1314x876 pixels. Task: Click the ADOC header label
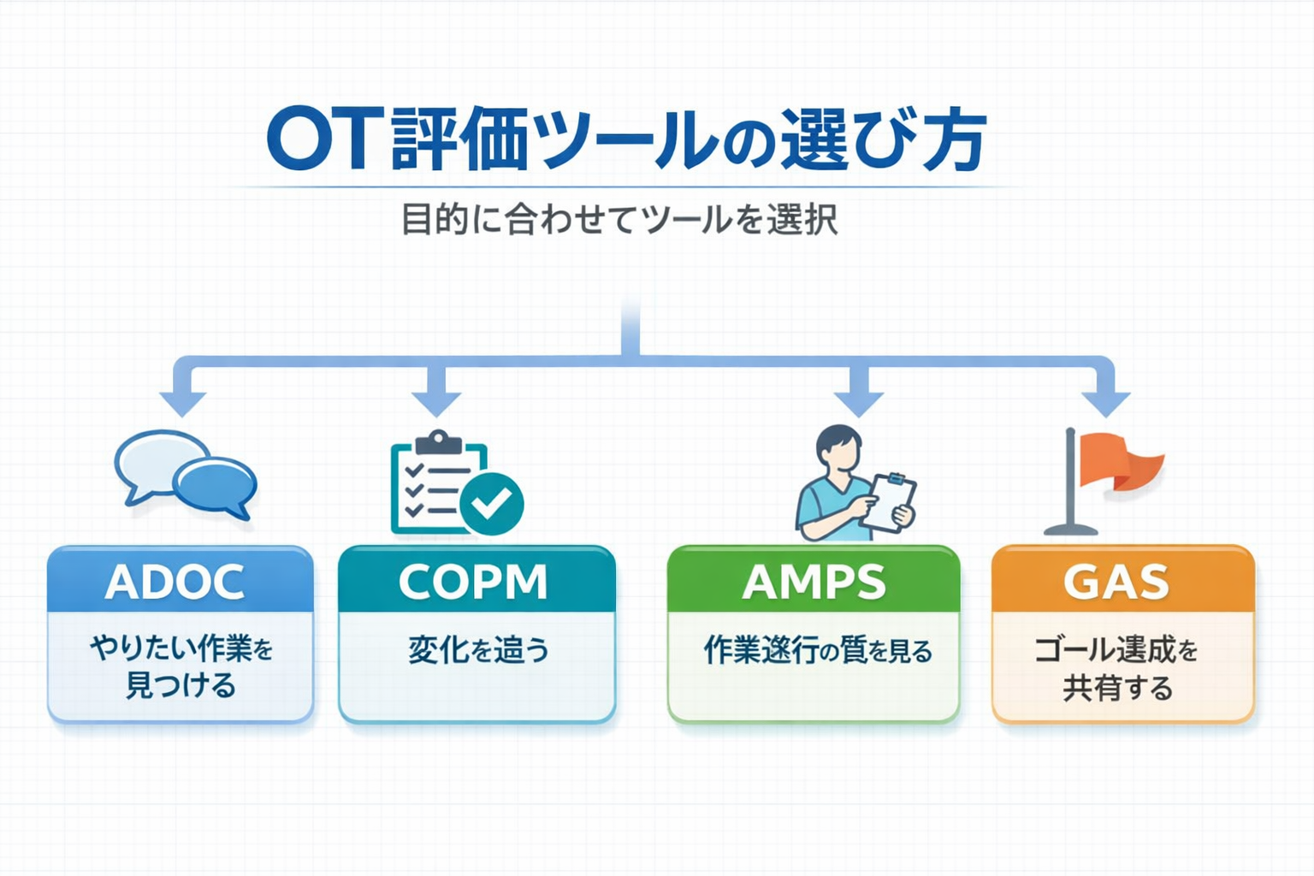click(x=175, y=583)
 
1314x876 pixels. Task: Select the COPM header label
click(x=473, y=583)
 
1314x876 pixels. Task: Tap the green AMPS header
click(x=814, y=583)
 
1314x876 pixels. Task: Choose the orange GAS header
click(x=1116, y=583)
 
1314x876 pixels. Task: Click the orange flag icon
click(x=1121, y=462)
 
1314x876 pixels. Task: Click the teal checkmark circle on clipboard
click(x=492, y=504)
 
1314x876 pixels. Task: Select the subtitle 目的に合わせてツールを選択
click(x=619, y=220)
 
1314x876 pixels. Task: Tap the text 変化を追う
click(x=478, y=650)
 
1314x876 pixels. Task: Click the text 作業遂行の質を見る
click(x=817, y=651)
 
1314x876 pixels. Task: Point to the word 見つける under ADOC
click(x=181, y=686)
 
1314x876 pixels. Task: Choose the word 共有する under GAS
click(x=1117, y=688)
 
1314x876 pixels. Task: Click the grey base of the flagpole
click(x=1070, y=530)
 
